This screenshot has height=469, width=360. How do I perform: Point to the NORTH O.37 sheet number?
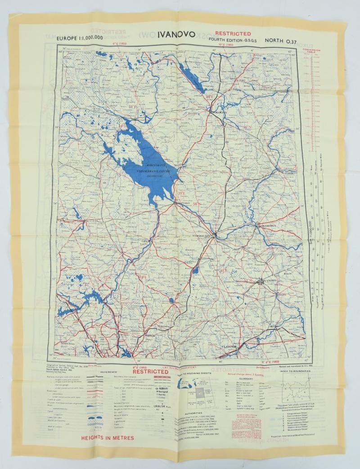(282, 41)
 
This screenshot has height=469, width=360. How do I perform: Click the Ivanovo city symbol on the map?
(261, 282)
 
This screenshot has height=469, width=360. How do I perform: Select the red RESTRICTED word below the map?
(150, 372)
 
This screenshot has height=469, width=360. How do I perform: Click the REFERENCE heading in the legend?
(108, 372)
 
